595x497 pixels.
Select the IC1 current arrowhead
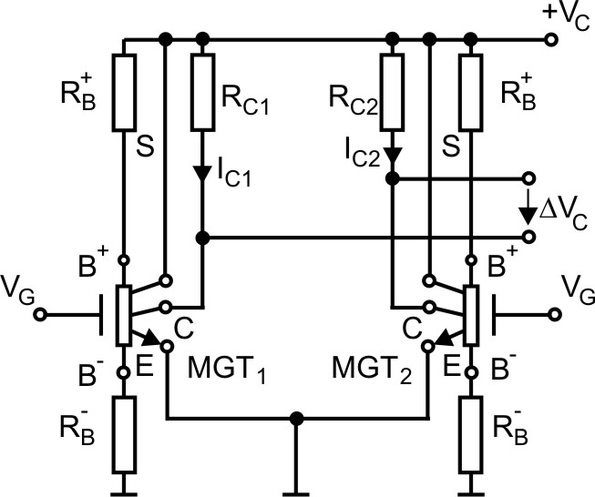click(x=202, y=172)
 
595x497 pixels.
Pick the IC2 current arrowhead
click(x=392, y=157)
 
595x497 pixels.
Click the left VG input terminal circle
click(x=40, y=315)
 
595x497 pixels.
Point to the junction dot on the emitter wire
click(x=295, y=420)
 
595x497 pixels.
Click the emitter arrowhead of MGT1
click(x=149, y=340)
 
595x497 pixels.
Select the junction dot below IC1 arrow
click(x=202, y=238)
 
